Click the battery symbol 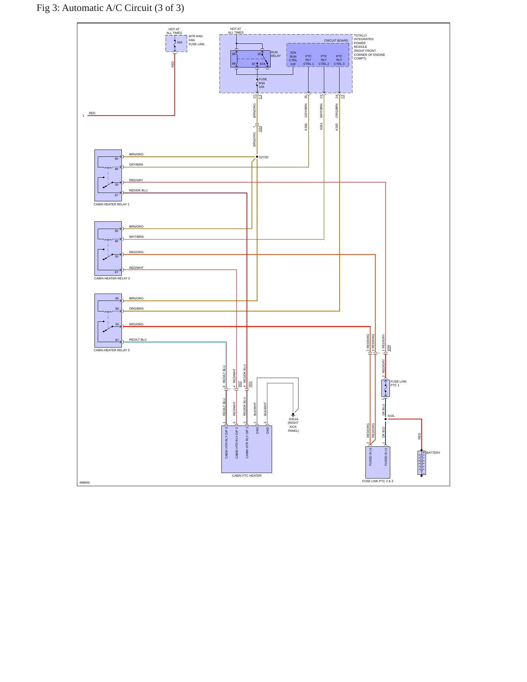click(x=422, y=463)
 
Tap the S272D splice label click(x=264, y=157)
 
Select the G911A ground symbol click(x=293, y=415)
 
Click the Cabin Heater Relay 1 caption click(x=112, y=204)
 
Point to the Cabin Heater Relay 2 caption click(x=112, y=278)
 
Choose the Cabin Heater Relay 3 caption click(x=112, y=350)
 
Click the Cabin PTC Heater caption click(x=247, y=476)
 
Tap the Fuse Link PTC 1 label click(x=398, y=383)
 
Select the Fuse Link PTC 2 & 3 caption click(x=378, y=481)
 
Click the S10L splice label click(x=391, y=416)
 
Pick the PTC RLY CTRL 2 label click(x=324, y=60)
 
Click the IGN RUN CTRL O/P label click(x=293, y=58)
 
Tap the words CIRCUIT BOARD click(x=336, y=40)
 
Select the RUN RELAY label click(x=276, y=54)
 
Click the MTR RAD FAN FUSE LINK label click(x=197, y=40)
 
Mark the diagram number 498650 click(x=85, y=483)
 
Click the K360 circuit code click(x=306, y=127)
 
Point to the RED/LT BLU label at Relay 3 click(x=138, y=340)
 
